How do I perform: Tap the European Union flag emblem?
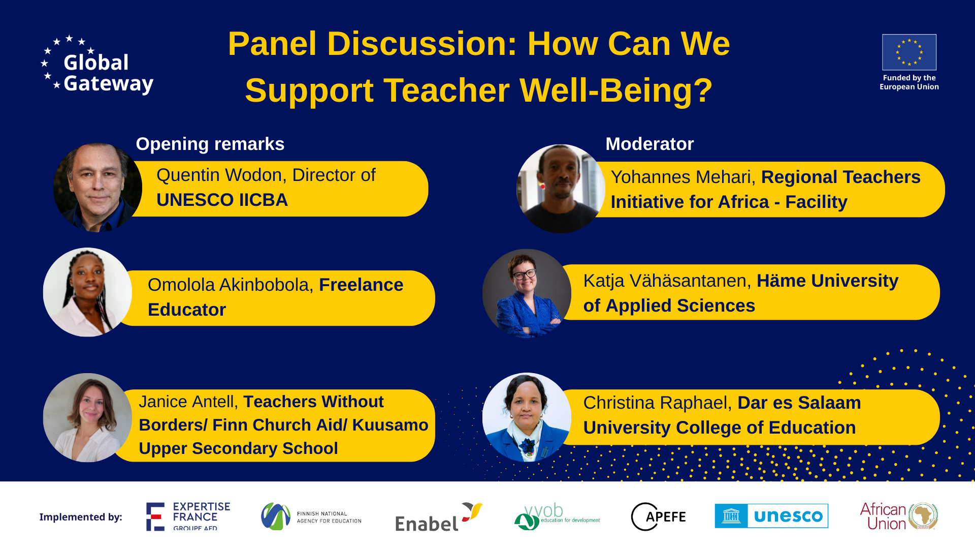tap(909, 52)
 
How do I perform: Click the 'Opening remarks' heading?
tap(210, 144)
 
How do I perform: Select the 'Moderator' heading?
tap(649, 144)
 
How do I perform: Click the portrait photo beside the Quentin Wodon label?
tap(97, 188)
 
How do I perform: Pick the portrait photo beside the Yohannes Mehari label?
tap(560, 189)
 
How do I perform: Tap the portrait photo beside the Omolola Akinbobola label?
tap(87, 292)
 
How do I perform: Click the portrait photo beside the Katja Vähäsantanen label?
tap(527, 293)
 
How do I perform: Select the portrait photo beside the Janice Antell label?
tap(87, 417)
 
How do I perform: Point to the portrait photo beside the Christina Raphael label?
tap(527, 417)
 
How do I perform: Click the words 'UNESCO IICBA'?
tap(222, 200)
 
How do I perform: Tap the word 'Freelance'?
tap(361, 285)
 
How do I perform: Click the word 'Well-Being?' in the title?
tap(615, 90)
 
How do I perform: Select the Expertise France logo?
tap(188, 516)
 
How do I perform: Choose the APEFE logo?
tap(658, 516)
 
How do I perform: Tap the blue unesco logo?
tap(771, 516)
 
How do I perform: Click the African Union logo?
tap(898, 516)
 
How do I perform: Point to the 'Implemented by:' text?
tap(81, 517)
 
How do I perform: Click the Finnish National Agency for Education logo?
tap(311, 516)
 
